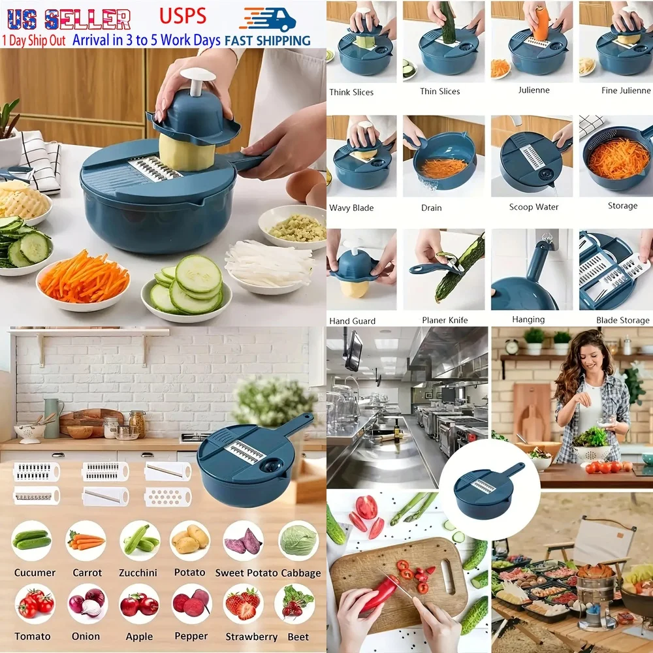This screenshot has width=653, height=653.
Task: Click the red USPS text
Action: click(x=182, y=16)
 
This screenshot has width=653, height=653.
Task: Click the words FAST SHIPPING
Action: click(x=267, y=40)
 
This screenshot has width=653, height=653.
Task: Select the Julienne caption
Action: click(x=534, y=91)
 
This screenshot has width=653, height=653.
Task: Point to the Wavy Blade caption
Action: click(x=351, y=208)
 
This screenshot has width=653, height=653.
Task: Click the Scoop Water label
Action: click(x=534, y=207)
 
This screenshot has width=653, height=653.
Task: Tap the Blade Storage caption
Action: click(x=622, y=321)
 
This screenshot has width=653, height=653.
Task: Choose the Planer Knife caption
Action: click(x=444, y=321)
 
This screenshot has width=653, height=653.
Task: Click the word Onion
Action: click(x=86, y=636)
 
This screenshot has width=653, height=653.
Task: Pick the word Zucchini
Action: click(x=138, y=573)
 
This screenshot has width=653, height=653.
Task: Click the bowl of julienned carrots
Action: click(x=83, y=277)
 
